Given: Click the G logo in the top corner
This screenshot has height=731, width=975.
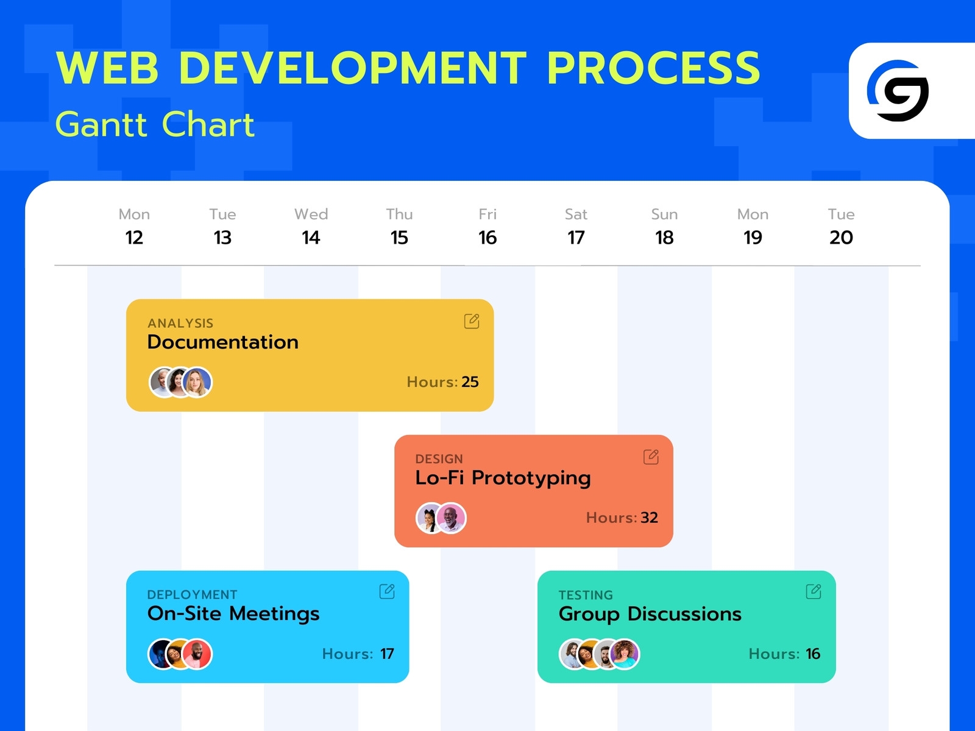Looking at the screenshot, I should (x=898, y=91).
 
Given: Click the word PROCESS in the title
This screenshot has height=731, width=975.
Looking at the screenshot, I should (x=653, y=68).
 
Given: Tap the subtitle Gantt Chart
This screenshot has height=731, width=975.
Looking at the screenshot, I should (x=155, y=124).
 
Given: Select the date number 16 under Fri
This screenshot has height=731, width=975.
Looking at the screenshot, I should (x=487, y=238).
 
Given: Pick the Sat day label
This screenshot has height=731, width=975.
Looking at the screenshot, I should (x=576, y=214).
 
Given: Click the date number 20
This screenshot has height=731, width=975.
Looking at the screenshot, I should (x=841, y=238).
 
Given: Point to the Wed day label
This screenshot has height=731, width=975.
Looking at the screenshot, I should (x=311, y=214).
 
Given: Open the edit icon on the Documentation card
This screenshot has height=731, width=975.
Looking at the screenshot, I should (x=472, y=321).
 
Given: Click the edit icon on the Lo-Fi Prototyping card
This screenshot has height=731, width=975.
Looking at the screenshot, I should (x=651, y=457).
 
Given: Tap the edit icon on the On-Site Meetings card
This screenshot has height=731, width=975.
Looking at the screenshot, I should (x=387, y=592).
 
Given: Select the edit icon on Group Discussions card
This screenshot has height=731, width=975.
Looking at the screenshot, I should (x=814, y=592).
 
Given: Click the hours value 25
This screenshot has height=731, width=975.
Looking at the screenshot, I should (x=470, y=382).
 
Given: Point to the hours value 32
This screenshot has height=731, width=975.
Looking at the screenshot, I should (x=649, y=518).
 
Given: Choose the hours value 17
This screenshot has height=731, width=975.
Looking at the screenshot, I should (x=387, y=654).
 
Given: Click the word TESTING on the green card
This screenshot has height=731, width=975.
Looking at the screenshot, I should (x=586, y=595).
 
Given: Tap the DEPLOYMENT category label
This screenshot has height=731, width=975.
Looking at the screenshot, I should (x=192, y=595).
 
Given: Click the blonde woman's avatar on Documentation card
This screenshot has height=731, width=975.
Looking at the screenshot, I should (x=197, y=383).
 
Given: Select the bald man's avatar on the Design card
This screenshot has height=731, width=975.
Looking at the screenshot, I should (x=452, y=518).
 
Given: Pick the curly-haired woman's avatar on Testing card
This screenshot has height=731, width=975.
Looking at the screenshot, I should (x=625, y=654).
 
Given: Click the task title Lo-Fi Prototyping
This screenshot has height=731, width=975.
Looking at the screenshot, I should (x=503, y=478).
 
